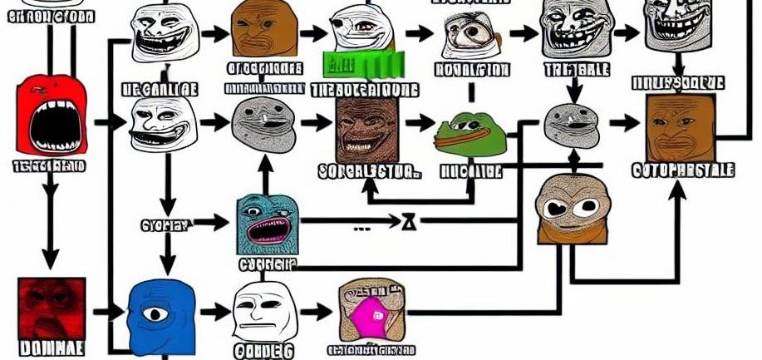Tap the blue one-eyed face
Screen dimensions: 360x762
point(160,314)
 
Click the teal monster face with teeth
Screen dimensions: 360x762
point(267,225)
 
